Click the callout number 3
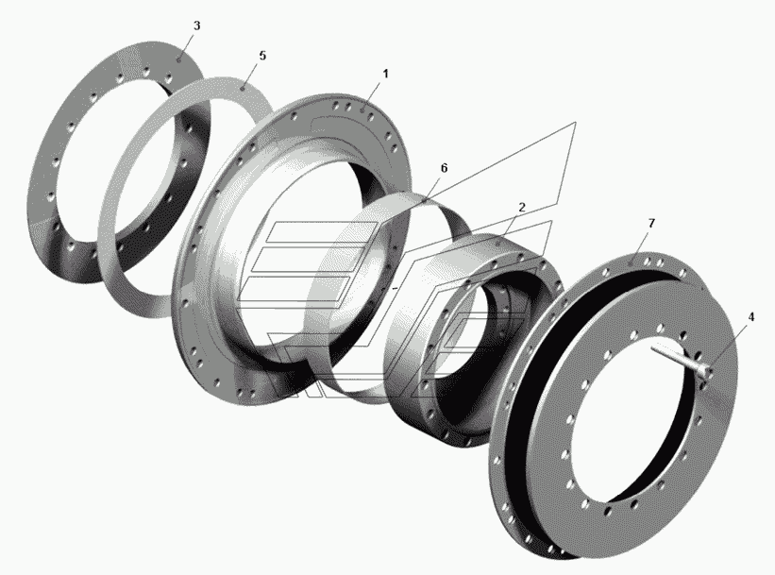tap(196, 25)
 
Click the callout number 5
tap(262, 56)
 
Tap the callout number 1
tap(385, 74)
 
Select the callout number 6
tap(444, 168)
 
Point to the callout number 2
tap(522, 207)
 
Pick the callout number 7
tap(651, 223)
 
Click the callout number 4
tap(750, 316)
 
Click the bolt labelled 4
tap(681, 360)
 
